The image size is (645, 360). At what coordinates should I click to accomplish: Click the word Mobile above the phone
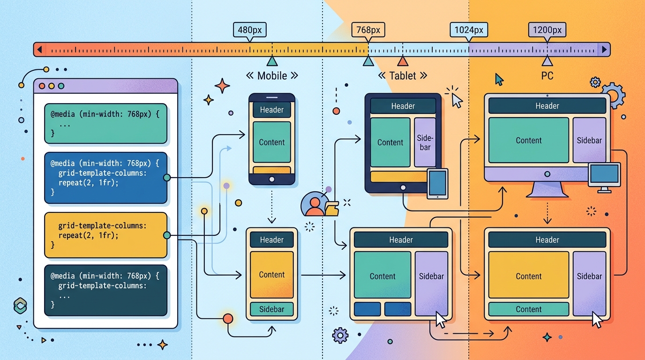272,76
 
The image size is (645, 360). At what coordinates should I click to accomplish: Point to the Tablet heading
403,76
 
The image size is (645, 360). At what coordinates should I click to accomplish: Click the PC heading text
547,76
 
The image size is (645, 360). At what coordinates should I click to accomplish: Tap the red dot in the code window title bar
42,86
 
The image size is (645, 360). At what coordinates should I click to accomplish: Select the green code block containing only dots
105,124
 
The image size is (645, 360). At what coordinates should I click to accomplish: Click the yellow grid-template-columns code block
105,235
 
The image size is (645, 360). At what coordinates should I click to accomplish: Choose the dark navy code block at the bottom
105,290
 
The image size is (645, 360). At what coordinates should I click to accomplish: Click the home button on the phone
271,179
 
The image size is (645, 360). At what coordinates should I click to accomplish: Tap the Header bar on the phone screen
271,110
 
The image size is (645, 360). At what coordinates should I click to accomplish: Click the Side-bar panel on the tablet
425,142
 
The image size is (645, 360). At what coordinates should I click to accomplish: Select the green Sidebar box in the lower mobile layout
271,309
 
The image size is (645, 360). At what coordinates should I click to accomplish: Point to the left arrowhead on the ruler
40,50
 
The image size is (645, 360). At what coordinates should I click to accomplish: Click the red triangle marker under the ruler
403,61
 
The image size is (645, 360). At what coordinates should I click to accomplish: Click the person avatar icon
314,204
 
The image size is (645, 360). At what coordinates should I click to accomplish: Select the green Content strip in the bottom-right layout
529,309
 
